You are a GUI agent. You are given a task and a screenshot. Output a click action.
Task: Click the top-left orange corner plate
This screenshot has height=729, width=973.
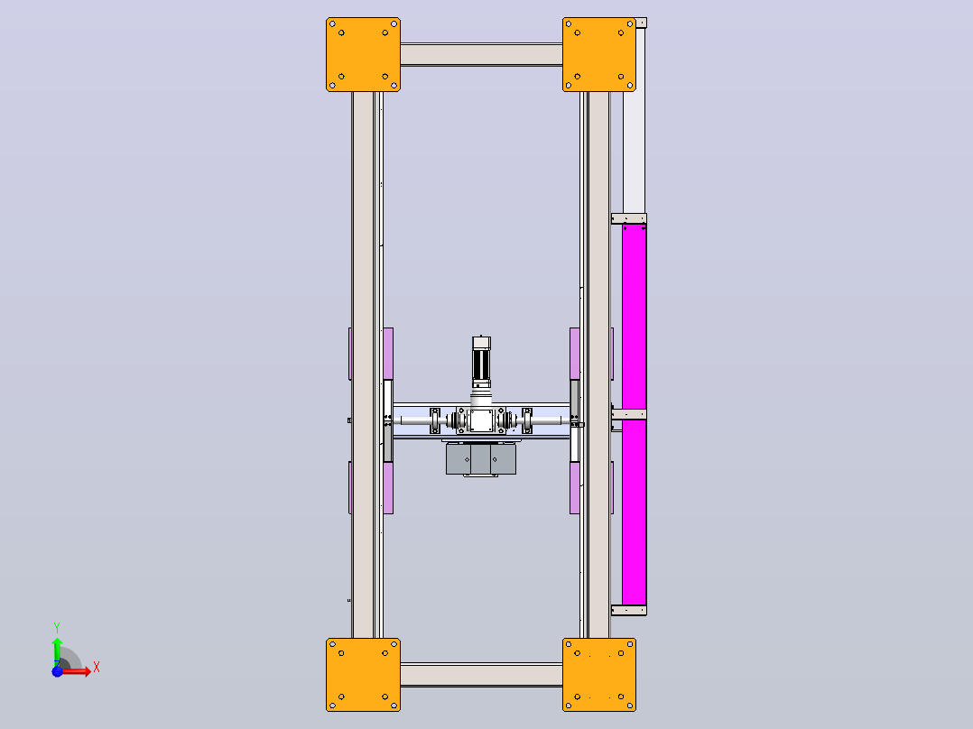coord(363,55)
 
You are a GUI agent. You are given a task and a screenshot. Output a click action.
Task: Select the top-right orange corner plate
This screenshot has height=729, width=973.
coord(598,55)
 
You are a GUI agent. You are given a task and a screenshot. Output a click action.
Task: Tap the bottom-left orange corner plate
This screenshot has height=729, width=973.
coord(363,674)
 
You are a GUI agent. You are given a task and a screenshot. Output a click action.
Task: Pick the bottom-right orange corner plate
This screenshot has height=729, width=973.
coord(598,674)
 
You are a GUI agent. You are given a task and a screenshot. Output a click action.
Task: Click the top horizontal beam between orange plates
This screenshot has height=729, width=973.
coord(482,54)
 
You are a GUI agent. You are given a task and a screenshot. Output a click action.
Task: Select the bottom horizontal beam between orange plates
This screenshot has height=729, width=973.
coord(482,674)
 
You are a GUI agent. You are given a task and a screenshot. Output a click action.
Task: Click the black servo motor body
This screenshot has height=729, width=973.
coord(482,364)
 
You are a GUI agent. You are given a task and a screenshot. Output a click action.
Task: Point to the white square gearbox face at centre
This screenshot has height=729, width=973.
coord(482,420)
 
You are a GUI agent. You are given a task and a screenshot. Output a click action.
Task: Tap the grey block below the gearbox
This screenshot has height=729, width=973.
coord(481,459)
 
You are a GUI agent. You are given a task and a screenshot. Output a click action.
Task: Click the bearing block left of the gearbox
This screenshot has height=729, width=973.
coord(435,420)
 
